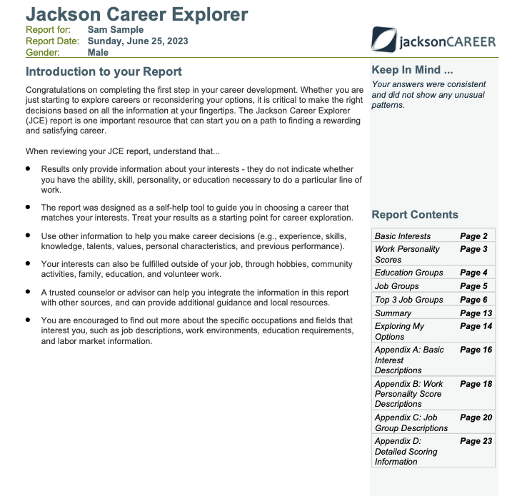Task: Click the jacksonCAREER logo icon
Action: click(x=384, y=39)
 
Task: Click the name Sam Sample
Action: click(x=115, y=30)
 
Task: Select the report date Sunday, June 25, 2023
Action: click(x=138, y=41)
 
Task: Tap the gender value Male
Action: click(x=98, y=52)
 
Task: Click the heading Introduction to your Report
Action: click(x=104, y=71)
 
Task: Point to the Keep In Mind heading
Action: click(x=412, y=70)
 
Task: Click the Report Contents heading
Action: click(x=415, y=215)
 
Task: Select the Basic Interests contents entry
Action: click(x=403, y=236)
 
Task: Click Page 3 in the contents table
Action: click(x=474, y=249)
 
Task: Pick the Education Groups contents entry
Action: click(x=408, y=273)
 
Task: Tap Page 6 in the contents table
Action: click(x=474, y=300)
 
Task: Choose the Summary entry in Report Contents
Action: click(x=393, y=313)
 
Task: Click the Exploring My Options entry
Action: click(x=399, y=331)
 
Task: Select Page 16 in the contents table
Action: click(x=476, y=350)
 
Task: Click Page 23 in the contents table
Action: click(x=476, y=441)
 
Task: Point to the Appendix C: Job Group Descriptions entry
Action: click(x=411, y=422)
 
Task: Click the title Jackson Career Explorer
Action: click(x=137, y=14)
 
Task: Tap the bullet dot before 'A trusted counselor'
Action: click(x=28, y=292)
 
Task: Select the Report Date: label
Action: click(x=52, y=41)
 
